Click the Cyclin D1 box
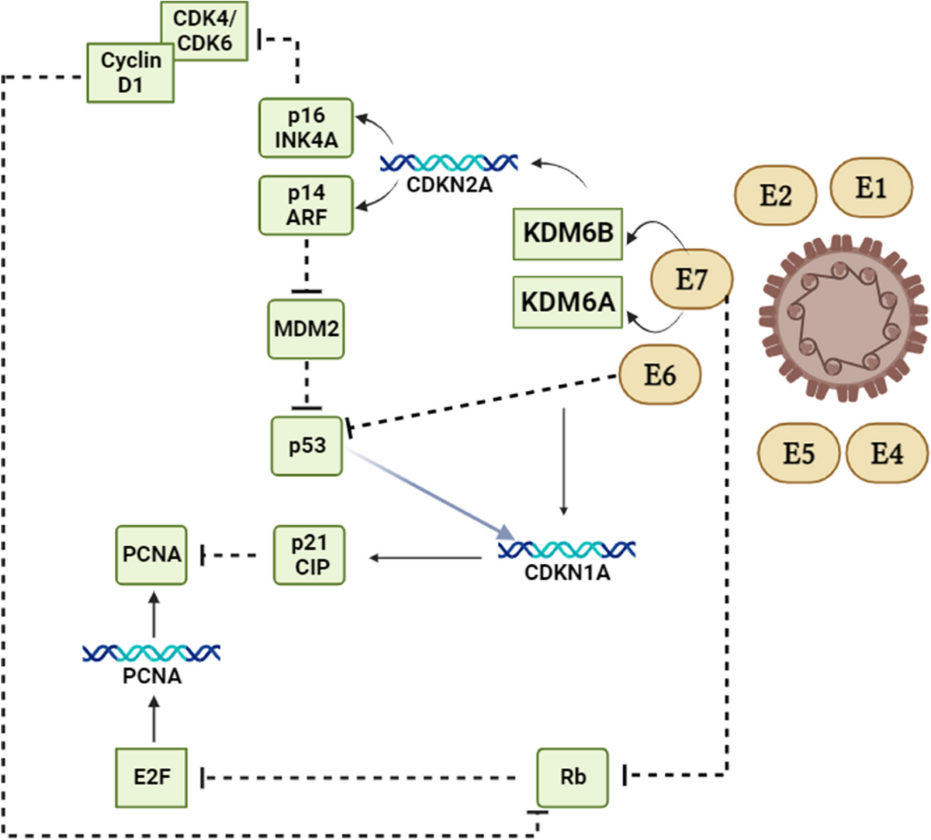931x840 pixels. (x=130, y=73)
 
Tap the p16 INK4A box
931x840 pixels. (x=306, y=128)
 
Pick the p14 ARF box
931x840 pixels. (x=306, y=205)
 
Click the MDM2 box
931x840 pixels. (x=306, y=329)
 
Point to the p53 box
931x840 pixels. (x=306, y=446)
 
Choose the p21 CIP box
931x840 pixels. (x=309, y=555)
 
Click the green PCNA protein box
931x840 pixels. (x=151, y=555)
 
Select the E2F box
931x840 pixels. (x=151, y=777)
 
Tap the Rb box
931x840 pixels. (x=573, y=777)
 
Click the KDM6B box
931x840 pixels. (x=568, y=234)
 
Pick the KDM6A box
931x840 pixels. (x=568, y=302)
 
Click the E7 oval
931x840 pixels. (x=692, y=279)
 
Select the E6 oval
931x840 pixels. (x=660, y=375)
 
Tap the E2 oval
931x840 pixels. (x=776, y=195)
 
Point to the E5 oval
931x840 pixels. (x=799, y=453)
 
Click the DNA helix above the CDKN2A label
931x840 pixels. (x=448, y=163)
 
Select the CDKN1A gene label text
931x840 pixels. (x=567, y=573)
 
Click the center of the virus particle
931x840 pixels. (x=843, y=318)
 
